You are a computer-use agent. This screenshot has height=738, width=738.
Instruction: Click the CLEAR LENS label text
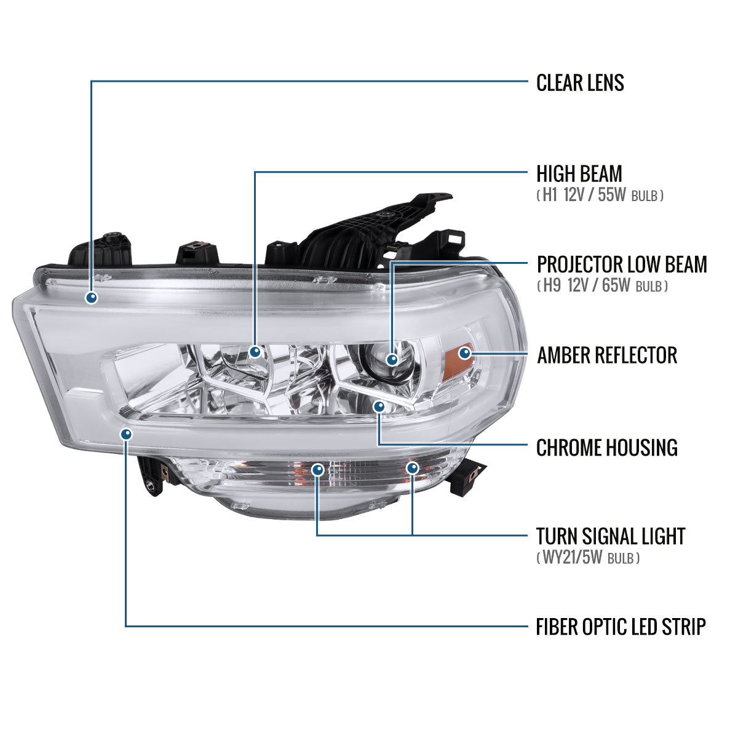point(580,82)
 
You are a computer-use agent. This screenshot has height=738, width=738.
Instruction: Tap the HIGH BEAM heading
point(579,173)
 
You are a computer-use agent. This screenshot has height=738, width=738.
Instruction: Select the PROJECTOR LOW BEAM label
point(622,264)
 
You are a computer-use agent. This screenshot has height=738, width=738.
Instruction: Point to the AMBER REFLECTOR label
point(606,355)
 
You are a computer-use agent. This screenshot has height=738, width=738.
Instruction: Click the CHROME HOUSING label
point(606,447)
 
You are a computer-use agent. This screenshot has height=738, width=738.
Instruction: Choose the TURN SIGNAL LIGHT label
point(610,536)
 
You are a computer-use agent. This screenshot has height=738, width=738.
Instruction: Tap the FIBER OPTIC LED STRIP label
point(621,627)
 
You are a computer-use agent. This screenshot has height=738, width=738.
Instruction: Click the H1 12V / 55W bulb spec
point(600,196)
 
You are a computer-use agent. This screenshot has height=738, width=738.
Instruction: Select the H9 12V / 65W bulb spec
point(602,286)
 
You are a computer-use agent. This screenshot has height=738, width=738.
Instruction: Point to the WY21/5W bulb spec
point(588,558)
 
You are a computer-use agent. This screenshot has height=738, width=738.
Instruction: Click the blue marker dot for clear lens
point(92,298)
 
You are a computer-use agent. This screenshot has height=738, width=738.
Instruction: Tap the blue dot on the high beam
point(255,352)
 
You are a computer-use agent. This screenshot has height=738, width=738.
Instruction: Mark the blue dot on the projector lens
point(392,360)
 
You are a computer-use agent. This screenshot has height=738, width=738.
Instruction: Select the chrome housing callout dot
point(379,407)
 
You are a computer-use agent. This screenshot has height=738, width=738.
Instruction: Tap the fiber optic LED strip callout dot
point(126,434)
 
